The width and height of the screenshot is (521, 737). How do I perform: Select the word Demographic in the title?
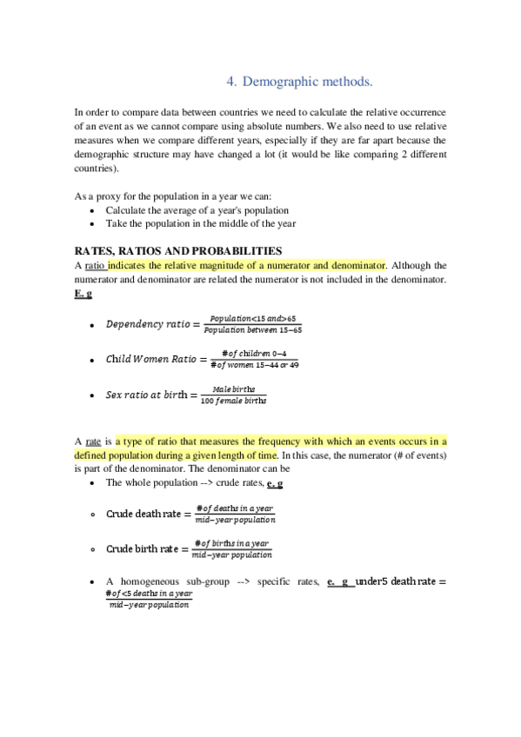[277, 83]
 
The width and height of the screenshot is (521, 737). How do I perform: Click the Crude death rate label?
[144, 514]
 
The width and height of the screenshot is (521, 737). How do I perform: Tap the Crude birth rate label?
[144, 548]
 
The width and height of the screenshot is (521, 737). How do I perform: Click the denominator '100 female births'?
[233, 401]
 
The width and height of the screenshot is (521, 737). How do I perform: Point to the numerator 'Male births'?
[233, 388]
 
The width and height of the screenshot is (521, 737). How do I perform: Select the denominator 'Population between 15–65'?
[252, 330]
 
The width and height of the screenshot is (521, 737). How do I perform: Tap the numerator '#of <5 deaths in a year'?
[148, 593]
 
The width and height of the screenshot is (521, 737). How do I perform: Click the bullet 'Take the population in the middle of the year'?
[200, 223]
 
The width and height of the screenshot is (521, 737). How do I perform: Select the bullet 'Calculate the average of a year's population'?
[197, 210]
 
